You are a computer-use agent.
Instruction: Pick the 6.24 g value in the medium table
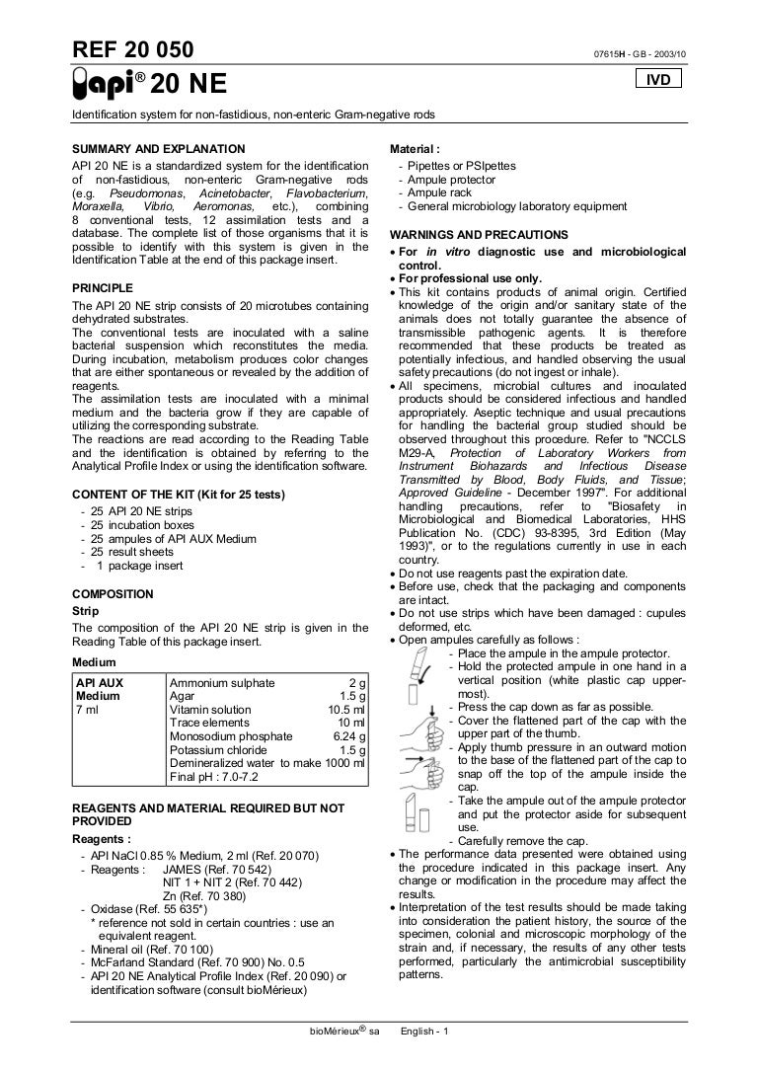349,735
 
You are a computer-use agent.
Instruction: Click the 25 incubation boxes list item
142,525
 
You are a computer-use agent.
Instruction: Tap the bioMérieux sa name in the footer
344,1032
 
